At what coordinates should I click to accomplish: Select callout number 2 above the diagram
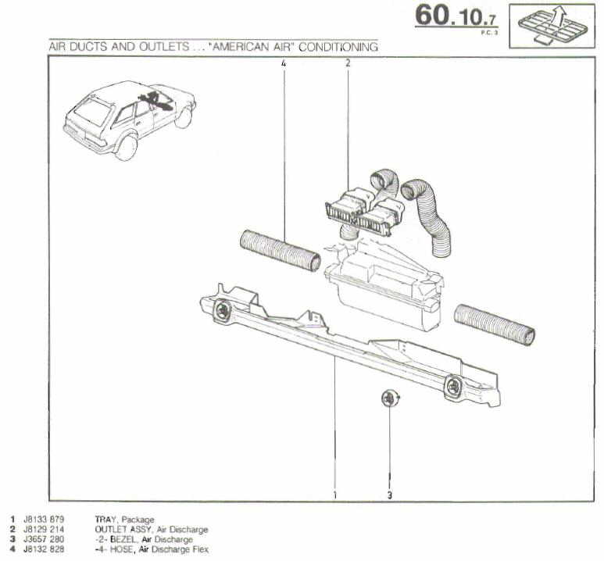[348, 64]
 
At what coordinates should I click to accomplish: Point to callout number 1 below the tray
[335, 494]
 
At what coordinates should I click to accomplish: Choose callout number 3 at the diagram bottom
[389, 494]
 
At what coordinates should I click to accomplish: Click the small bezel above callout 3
[388, 398]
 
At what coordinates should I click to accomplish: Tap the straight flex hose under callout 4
[280, 251]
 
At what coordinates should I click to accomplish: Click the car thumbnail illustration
[130, 117]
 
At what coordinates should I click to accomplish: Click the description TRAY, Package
[124, 519]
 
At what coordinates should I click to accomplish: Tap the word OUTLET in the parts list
[111, 529]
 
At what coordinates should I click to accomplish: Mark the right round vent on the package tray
[453, 384]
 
